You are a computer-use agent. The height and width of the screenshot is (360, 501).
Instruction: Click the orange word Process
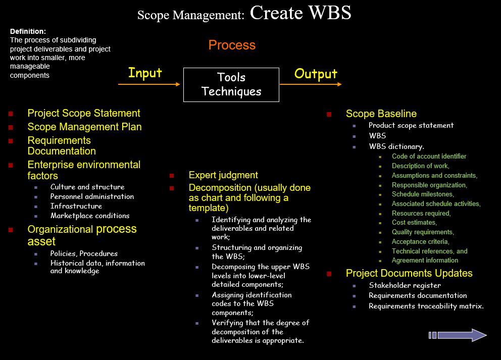pos(232,45)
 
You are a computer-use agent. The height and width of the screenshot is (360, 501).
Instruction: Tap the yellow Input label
pos(145,73)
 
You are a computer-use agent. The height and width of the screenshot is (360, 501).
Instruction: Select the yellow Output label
pos(316,74)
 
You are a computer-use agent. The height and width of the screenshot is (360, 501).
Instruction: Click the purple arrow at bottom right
pos(458,335)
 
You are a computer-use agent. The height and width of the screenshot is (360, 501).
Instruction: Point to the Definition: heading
pos(28,31)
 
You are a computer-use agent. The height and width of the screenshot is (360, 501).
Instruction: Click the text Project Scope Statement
pos(84,113)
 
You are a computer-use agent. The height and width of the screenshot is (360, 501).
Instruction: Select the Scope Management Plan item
pos(84,127)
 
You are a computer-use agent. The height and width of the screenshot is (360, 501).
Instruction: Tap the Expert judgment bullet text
pos(223,175)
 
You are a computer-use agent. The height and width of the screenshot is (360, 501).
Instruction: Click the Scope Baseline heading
pos(381,114)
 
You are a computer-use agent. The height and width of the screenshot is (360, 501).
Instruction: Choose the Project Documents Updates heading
pos(409,273)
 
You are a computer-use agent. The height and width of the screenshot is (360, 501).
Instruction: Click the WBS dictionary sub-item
pos(396,146)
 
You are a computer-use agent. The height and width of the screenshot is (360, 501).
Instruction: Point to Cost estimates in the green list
pos(415,222)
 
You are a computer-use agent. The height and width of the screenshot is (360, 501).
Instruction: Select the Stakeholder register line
pos(405,285)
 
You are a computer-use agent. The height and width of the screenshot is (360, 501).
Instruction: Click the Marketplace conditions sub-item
pos(90,216)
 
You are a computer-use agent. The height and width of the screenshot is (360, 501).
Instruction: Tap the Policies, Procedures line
pos(84,253)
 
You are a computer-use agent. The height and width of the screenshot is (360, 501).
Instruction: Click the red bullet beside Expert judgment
pos(172,176)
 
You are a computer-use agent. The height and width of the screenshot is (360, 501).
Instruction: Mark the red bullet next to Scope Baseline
pos(329,114)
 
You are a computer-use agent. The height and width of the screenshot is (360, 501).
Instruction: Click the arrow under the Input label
pos(149,84)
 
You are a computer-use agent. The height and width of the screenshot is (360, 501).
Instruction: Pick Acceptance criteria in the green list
pos(421,241)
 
